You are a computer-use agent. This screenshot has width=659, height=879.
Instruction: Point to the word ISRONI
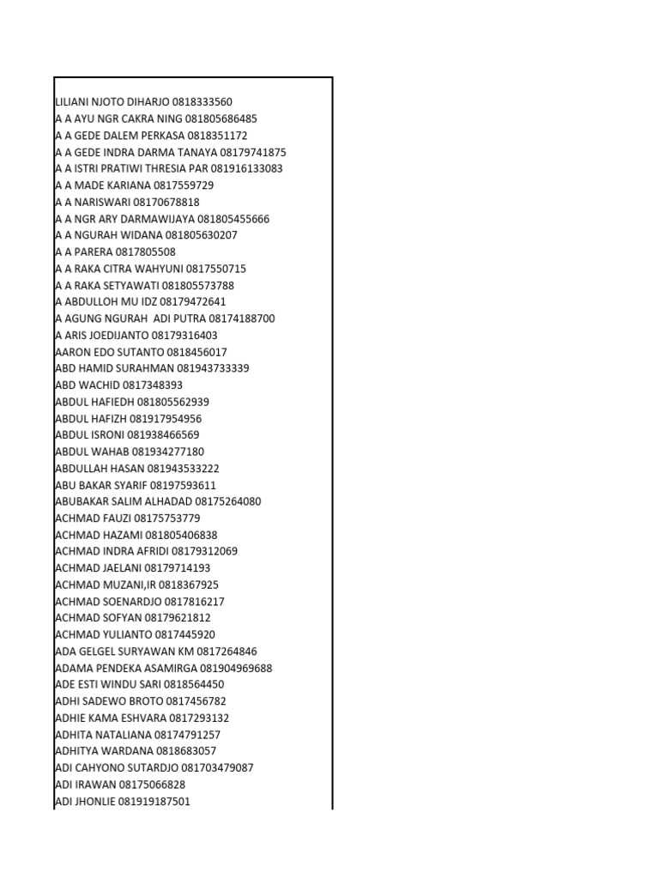coord(107,435)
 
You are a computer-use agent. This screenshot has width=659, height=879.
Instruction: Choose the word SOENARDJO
coord(125,601)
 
